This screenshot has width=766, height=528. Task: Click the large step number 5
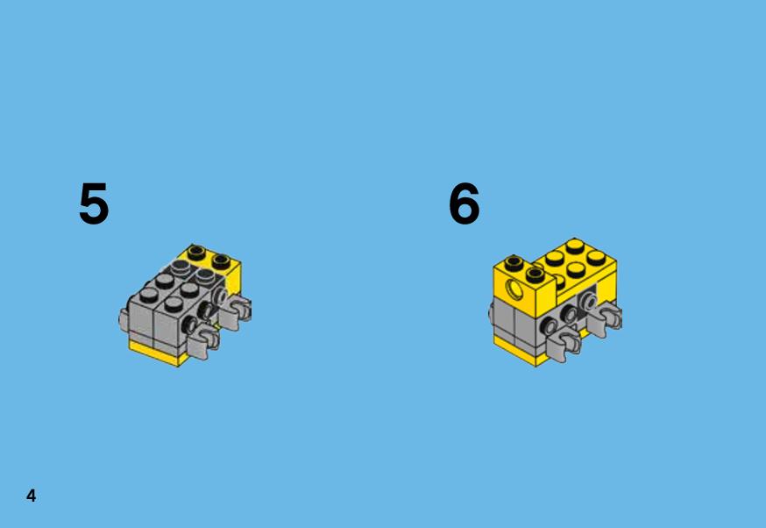click(x=94, y=203)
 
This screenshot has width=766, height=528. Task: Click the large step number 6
click(x=465, y=203)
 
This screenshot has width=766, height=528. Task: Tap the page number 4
click(x=32, y=496)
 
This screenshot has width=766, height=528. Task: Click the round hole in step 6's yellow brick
click(x=514, y=289)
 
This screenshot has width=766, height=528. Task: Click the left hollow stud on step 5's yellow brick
click(x=197, y=253)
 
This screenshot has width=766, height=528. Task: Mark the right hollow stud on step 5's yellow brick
click(x=222, y=261)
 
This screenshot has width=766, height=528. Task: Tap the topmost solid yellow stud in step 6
click(x=575, y=245)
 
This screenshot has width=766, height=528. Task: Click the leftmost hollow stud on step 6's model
click(x=514, y=264)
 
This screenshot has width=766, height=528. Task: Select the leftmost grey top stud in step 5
click(x=148, y=294)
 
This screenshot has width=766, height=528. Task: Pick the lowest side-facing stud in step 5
click(x=189, y=325)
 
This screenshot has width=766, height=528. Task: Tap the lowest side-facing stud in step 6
click(x=550, y=326)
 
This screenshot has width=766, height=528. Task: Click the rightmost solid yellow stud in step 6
click(x=597, y=257)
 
